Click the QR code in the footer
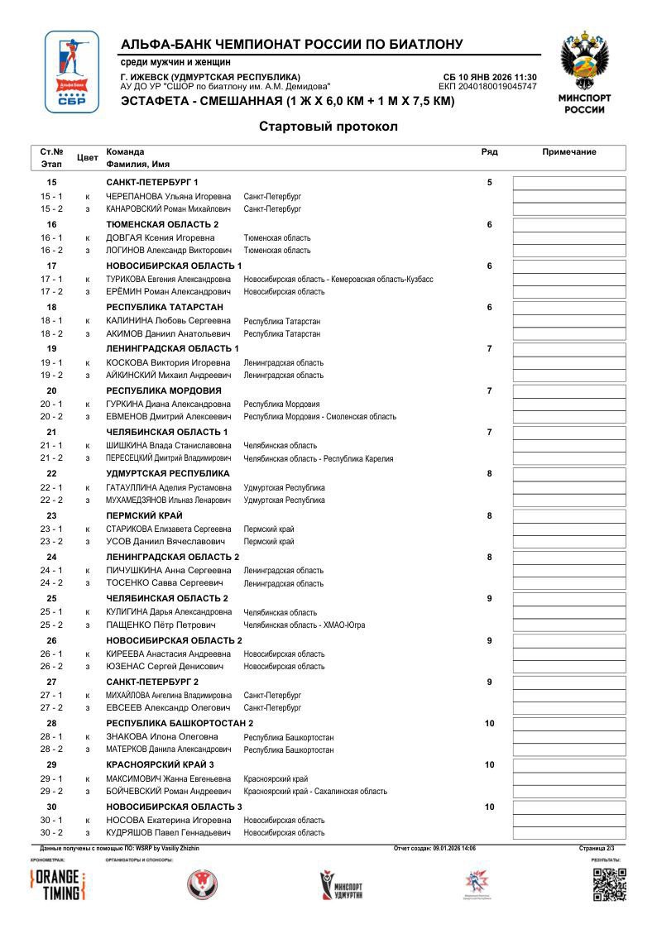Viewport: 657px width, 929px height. pos(609,884)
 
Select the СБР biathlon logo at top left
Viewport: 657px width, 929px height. pos(71,72)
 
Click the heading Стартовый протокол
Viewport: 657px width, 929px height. pos(328,127)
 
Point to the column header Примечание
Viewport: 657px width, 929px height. pos(569,152)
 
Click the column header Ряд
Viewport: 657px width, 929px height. pos(489,152)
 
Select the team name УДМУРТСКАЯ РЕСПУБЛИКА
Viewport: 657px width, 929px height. pos(168,474)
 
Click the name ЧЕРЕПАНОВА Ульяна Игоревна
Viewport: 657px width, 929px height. pos(169,197)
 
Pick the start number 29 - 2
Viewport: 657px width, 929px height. pos(51,791)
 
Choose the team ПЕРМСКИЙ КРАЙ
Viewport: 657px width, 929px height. pos(145,515)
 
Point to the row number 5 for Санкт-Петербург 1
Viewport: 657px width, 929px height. pos(489,182)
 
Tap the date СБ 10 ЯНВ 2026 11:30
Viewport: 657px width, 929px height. pos(490,77)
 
